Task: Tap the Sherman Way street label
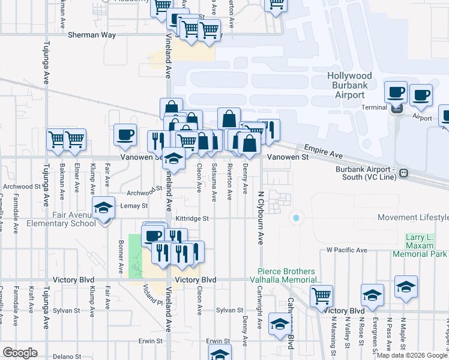point(91,35)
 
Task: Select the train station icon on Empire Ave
point(404,173)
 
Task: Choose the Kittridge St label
point(191,218)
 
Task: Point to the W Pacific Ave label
point(346,250)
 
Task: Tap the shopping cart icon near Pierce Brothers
point(321,296)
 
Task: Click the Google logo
point(20,353)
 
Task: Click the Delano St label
point(66,357)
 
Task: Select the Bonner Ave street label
point(121,257)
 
